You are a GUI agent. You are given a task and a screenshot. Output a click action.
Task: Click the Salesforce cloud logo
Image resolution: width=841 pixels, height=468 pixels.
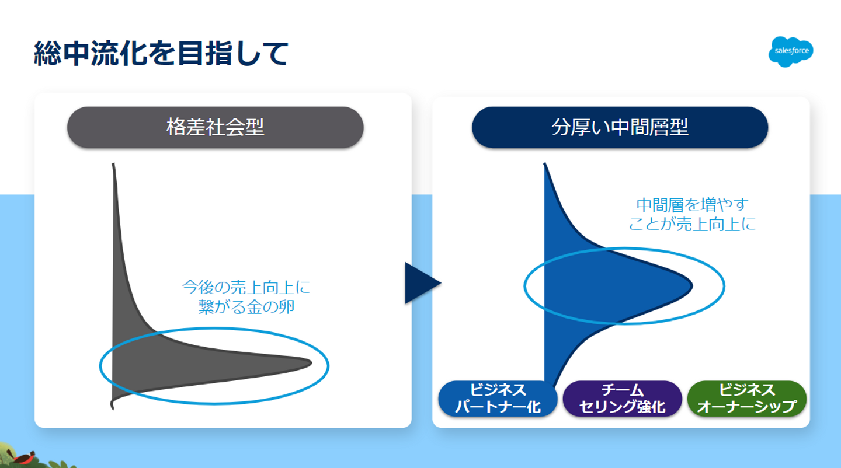click(x=791, y=51)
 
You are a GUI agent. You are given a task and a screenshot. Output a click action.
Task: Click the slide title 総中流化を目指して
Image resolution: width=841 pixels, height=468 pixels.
click(x=162, y=54)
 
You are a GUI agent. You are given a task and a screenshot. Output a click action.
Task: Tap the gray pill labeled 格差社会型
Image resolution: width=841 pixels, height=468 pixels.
click(x=215, y=127)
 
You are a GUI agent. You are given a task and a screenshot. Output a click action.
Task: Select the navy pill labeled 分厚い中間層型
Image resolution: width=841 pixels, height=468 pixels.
click(x=619, y=127)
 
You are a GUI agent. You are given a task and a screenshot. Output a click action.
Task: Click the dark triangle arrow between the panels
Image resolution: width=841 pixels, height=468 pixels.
click(x=420, y=283)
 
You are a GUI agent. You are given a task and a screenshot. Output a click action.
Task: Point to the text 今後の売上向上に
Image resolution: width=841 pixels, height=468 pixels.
click(x=246, y=287)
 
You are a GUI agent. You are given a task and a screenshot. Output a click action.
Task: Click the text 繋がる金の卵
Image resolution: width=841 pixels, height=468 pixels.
click(x=246, y=307)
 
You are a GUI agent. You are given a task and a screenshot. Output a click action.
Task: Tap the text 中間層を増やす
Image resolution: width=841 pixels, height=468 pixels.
click(x=692, y=205)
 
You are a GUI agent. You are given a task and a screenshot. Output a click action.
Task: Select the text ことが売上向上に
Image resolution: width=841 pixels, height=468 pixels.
click(x=692, y=224)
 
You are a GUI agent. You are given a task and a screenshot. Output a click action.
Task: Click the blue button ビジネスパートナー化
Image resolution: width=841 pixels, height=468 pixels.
click(x=498, y=399)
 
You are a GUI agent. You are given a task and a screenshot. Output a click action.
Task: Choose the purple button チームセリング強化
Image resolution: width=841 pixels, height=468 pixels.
click(x=622, y=399)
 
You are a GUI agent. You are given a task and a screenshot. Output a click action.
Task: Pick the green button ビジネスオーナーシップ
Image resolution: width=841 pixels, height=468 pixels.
click(x=747, y=399)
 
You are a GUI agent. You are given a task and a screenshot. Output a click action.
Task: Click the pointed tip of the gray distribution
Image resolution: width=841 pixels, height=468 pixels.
click(x=309, y=363)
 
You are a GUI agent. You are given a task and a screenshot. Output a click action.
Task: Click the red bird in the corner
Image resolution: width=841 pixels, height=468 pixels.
click(x=25, y=457)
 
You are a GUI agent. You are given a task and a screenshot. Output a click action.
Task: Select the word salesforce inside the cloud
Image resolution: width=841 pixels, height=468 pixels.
click(x=791, y=51)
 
